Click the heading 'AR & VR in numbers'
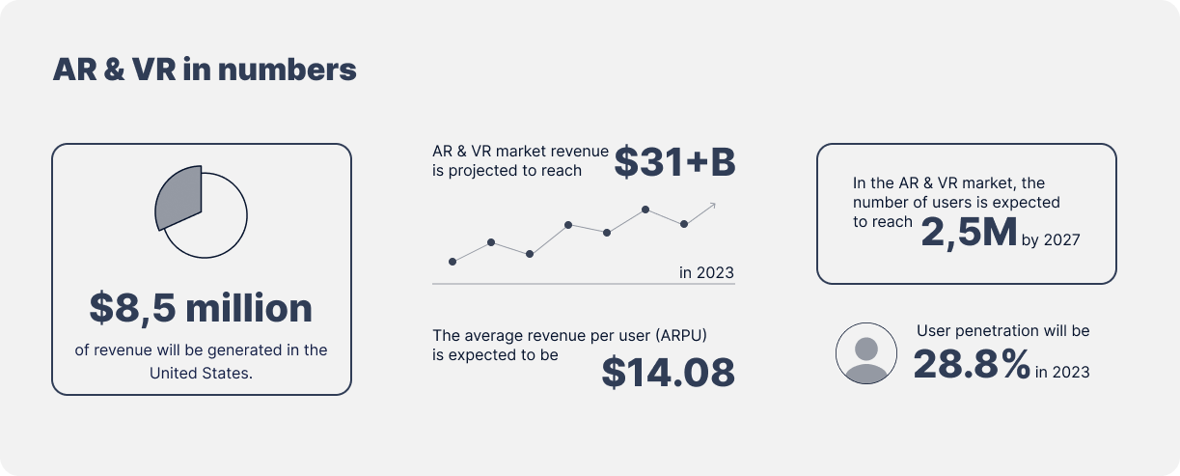click(205, 70)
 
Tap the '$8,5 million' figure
click(201, 308)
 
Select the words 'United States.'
click(201, 374)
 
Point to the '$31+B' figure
click(674, 162)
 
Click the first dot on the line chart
click(453, 262)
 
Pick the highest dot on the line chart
click(645, 210)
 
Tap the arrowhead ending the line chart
click(713, 205)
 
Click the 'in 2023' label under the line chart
click(706, 272)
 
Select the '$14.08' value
click(668, 373)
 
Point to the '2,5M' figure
click(969, 233)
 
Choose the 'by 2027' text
click(1051, 239)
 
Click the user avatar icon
click(866, 353)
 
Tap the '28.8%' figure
click(972, 364)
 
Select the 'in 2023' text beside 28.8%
click(1062, 372)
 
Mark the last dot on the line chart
click(684, 224)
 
